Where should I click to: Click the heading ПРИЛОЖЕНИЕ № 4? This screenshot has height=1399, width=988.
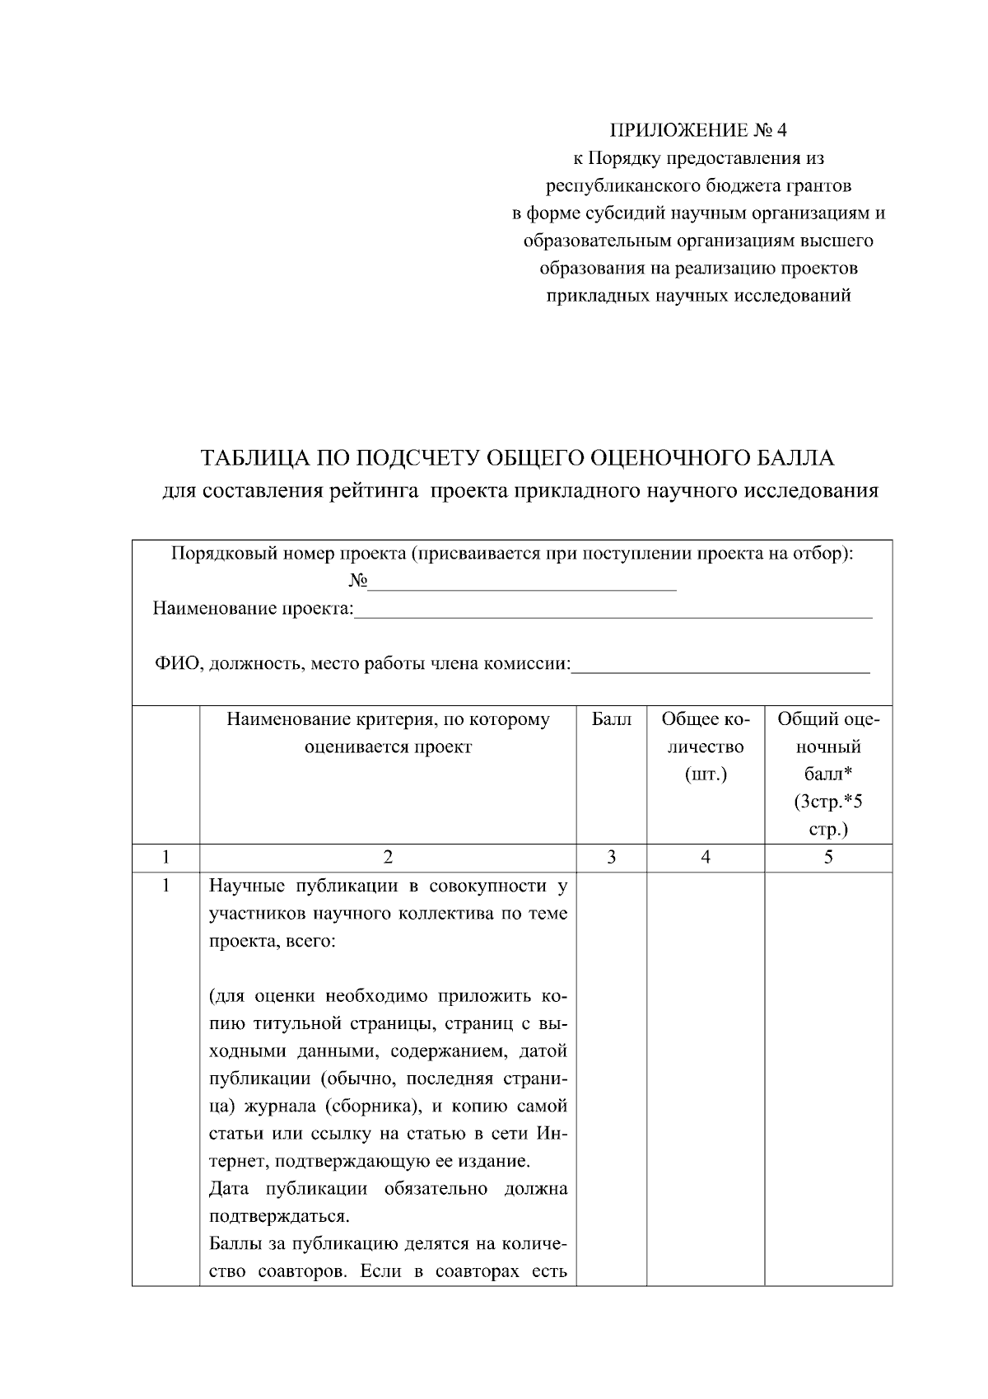point(698,130)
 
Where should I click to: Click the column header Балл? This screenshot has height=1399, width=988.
point(611,720)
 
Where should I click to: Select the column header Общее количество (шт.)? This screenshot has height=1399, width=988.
point(706,747)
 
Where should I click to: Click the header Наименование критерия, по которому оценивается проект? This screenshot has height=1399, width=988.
point(388,733)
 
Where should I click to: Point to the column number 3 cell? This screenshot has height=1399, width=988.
point(611,858)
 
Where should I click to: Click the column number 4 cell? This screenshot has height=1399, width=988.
point(706,858)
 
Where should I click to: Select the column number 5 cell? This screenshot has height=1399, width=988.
point(828,858)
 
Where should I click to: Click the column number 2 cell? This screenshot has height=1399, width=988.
point(388,858)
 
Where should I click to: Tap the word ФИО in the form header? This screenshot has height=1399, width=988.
point(175,664)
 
